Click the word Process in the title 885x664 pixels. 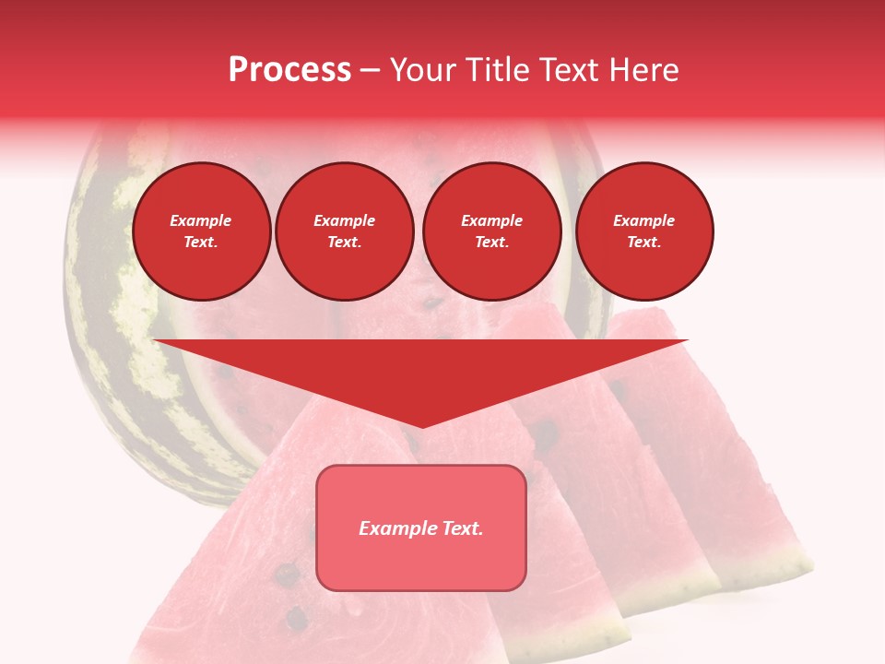289,70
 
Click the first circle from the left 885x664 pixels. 201,231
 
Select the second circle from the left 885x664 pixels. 344,231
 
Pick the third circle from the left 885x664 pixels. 491,231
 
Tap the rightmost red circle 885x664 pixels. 643,231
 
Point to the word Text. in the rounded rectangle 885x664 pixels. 460,528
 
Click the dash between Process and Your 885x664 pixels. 370,70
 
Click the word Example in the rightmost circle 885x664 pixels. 643,220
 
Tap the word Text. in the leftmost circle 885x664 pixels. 201,243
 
